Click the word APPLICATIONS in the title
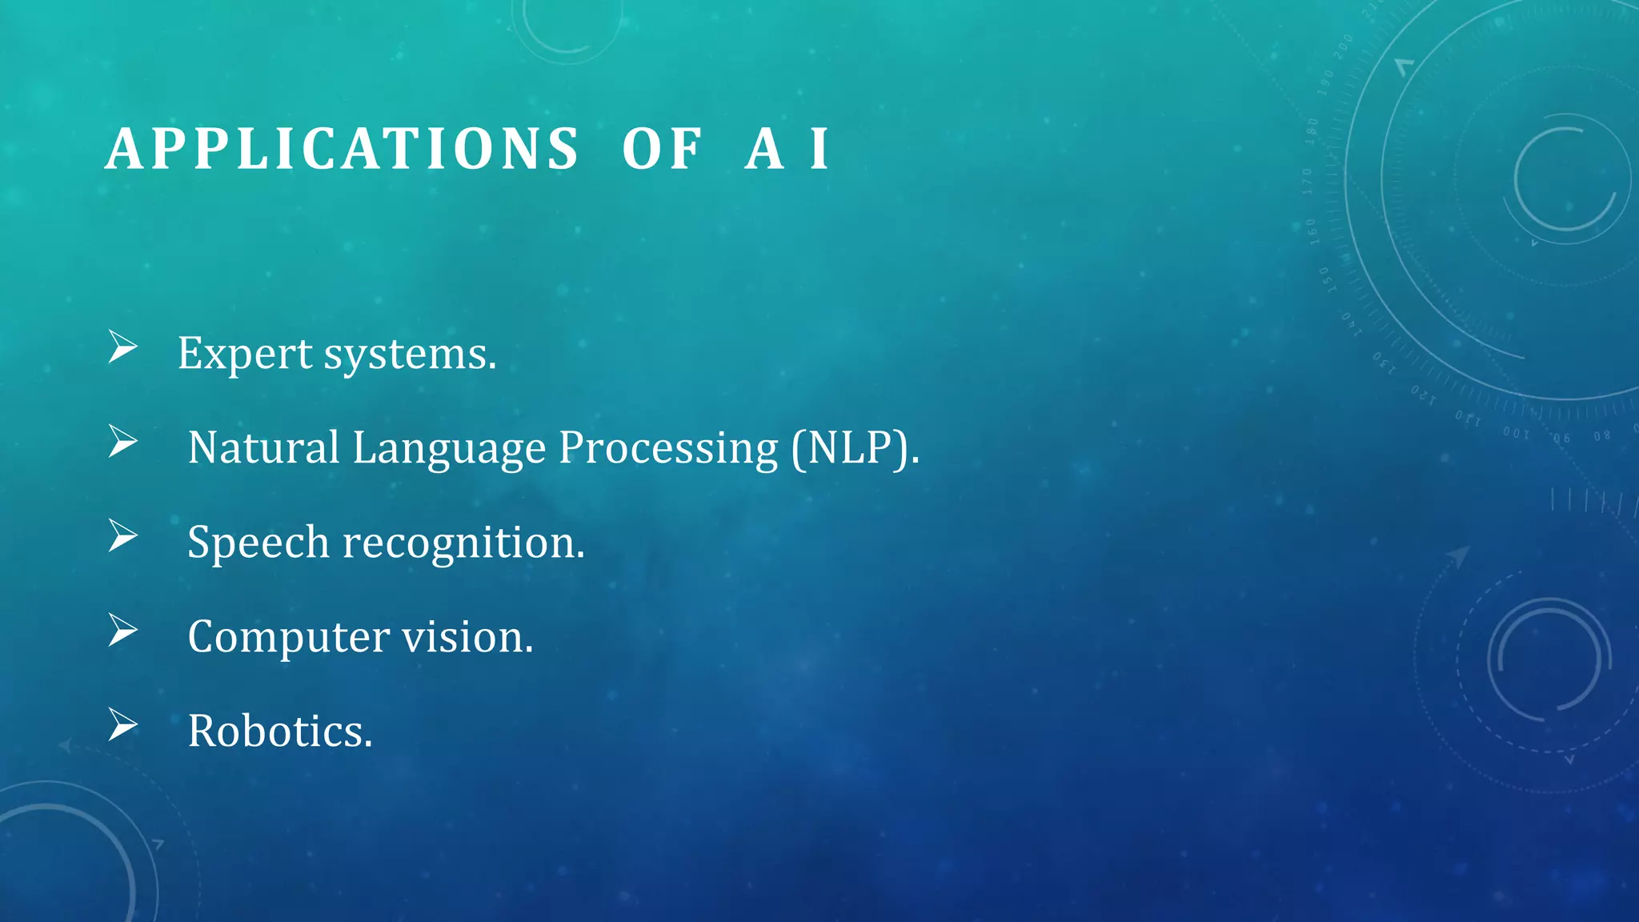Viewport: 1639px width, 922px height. click(x=342, y=150)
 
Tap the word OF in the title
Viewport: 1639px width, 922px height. click(x=662, y=150)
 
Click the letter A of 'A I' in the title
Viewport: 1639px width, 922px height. click(x=763, y=150)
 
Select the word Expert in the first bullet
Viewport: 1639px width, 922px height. click(x=245, y=354)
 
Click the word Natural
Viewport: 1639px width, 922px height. click(x=263, y=447)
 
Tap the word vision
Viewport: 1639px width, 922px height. click(x=467, y=638)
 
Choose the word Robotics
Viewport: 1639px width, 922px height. click(x=280, y=732)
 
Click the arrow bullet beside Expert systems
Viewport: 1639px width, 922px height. click(x=123, y=347)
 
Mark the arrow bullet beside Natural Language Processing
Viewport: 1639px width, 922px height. click(x=123, y=442)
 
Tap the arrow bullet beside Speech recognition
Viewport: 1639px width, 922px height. click(x=123, y=535)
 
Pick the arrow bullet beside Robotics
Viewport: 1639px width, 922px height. click(x=123, y=724)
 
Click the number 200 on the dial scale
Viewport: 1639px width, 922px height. click(x=1343, y=46)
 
